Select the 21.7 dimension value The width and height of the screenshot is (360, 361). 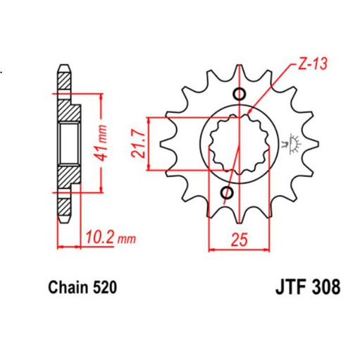[139, 143]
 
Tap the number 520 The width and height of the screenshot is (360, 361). [102, 288]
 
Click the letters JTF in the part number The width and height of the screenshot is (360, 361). [287, 288]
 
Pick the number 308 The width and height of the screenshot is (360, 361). [325, 288]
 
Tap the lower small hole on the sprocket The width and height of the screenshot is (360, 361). [228, 193]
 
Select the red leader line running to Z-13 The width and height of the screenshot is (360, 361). [271, 89]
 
